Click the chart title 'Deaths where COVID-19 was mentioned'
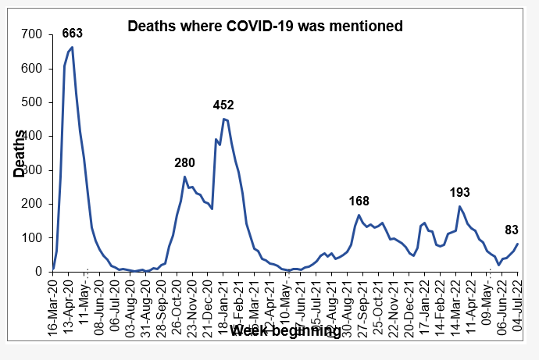(266, 26)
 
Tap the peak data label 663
(73, 33)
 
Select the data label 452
(223, 105)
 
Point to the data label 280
(184, 162)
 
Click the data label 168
(359, 201)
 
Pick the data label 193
(461, 192)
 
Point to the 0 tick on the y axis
(37, 271)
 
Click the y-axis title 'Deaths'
(20, 152)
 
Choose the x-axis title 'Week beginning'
(286, 332)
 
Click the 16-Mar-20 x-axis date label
(53, 301)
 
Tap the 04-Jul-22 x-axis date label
(518, 301)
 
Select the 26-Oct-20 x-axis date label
(177, 301)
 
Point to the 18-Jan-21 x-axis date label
(223, 301)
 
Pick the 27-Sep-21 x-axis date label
(363, 301)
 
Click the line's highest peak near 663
(73, 48)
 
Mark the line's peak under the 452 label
(224, 119)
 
